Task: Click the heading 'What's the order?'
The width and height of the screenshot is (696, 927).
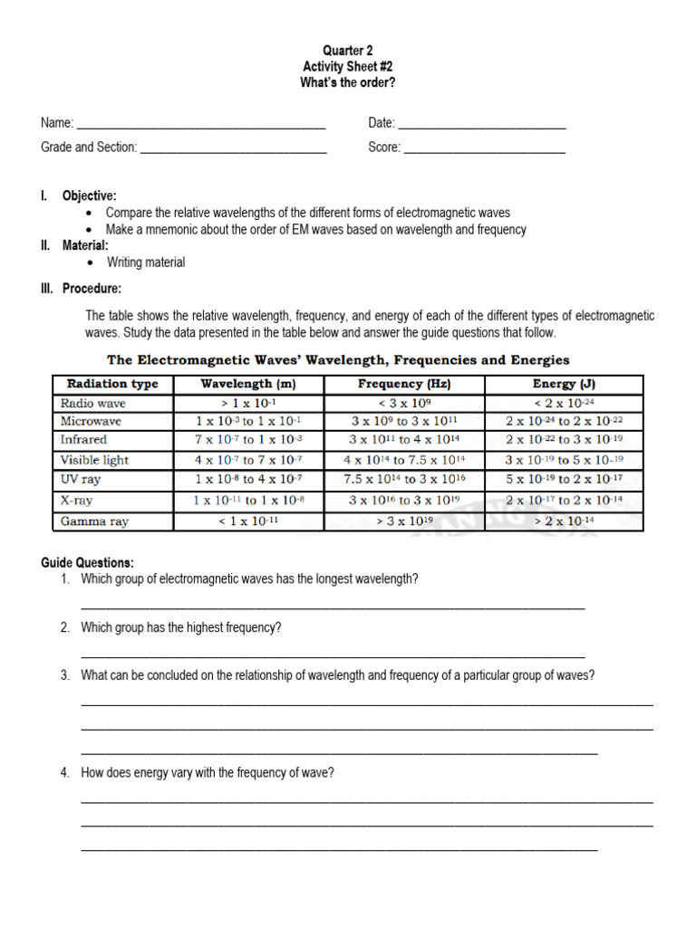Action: [348, 82]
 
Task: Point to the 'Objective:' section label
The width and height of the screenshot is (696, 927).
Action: [89, 196]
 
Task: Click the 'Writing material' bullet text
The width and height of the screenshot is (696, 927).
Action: [146, 263]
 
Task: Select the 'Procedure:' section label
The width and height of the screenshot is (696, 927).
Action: [92, 289]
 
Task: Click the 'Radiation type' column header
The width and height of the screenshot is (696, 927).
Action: [112, 384]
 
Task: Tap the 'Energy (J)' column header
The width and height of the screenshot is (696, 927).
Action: [564, 384]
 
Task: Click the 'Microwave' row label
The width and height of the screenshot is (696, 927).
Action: [91, 421]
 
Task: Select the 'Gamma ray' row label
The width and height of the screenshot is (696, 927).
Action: [94, 521]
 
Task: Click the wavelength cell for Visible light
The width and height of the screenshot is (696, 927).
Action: [248, 460]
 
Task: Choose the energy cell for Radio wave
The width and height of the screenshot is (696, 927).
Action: [564, 403]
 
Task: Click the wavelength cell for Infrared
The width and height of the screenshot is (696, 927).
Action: [248, 440]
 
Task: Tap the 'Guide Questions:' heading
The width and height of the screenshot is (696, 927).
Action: [87, 562]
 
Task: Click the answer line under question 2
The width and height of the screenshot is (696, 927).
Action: [333, 655]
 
